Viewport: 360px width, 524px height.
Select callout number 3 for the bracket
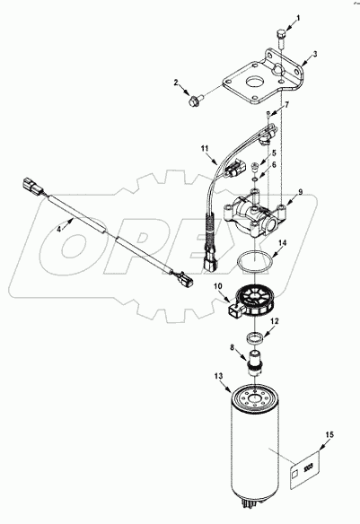point(315,54)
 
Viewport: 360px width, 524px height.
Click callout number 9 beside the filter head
point(301,191)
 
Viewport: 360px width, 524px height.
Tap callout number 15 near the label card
point(329,435)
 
